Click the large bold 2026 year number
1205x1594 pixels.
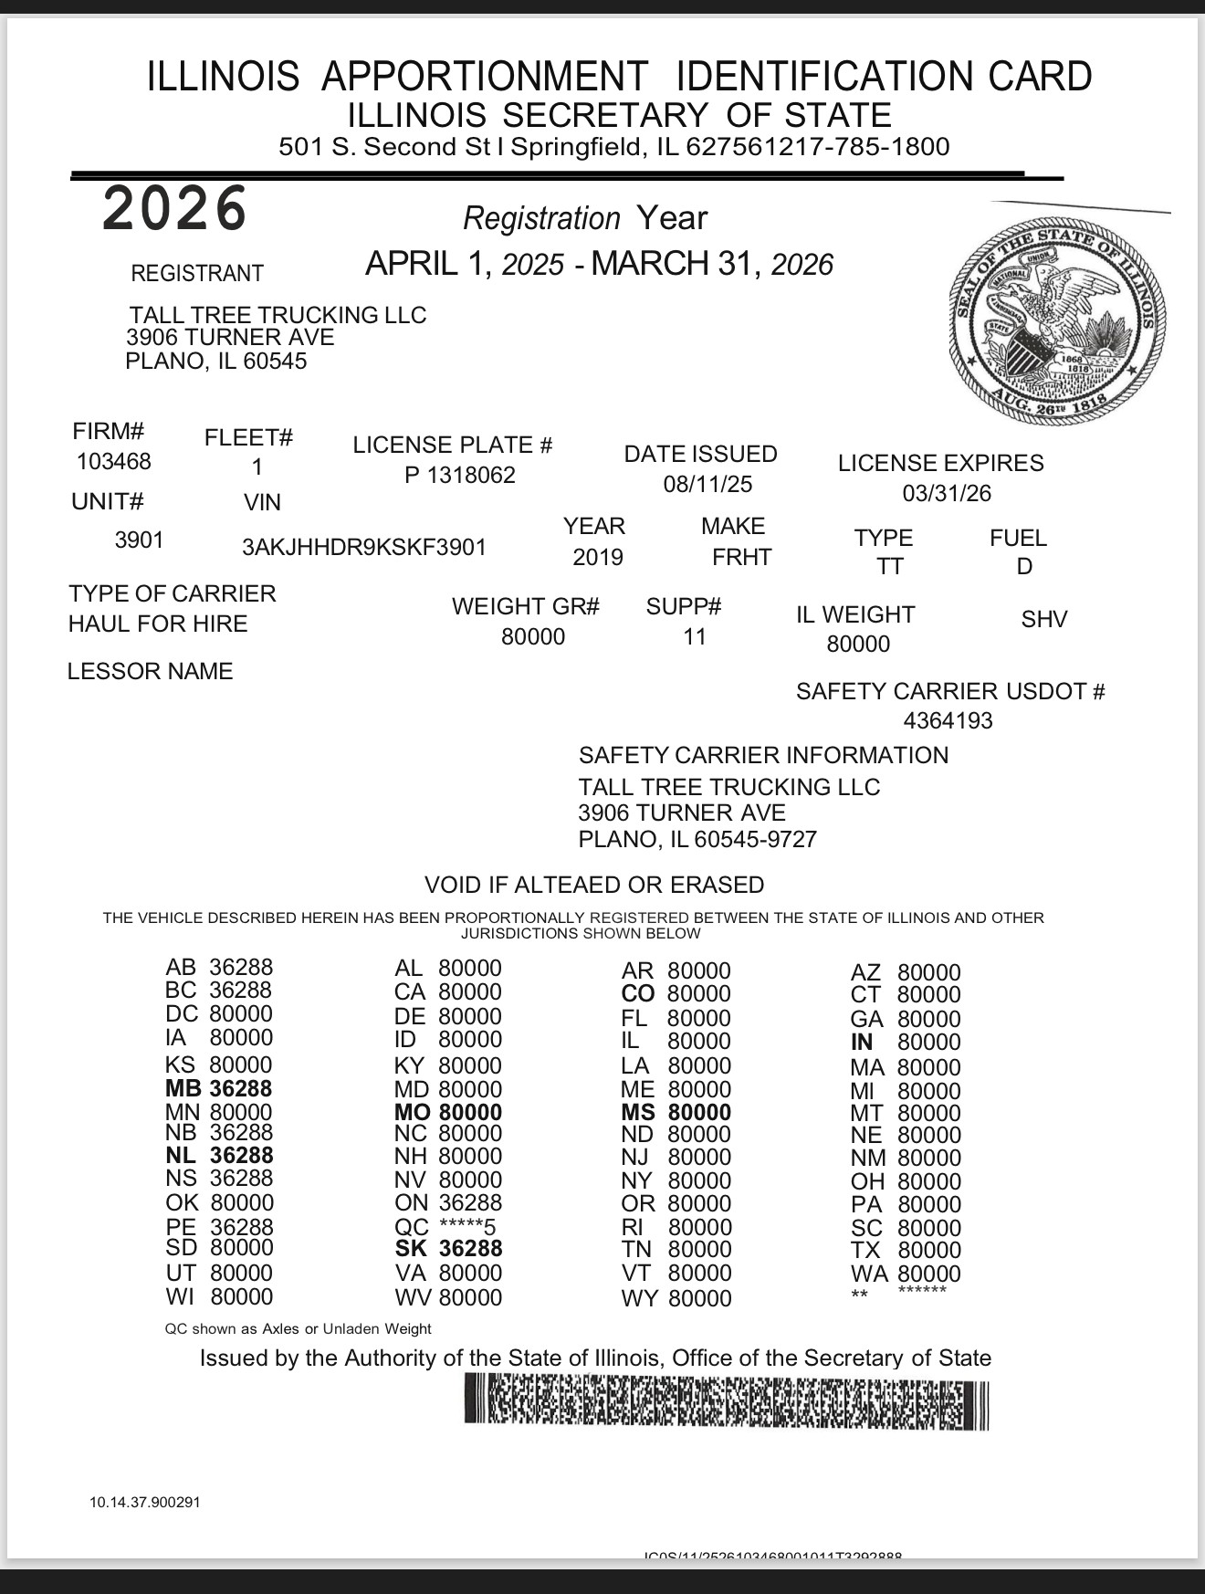[x=174, y=208]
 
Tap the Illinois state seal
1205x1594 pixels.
[x=1058, y=319]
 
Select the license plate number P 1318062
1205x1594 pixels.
[x=460, y=476]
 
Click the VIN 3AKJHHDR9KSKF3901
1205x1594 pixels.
[x=364, y=548]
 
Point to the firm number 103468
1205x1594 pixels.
[x=114, y=462]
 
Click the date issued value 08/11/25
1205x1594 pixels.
[x=707, y=485]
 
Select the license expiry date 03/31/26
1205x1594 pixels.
[x=947, y=494]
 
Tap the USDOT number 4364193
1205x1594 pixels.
[x=948, y=721]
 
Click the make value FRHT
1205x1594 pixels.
[x=741, y=558]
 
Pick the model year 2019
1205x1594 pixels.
[x=598, y=558]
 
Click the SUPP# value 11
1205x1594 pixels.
[x=695, y=637]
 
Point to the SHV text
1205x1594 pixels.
[x=1044, y=620]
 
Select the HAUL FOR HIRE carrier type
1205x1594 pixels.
[x=158, y=624]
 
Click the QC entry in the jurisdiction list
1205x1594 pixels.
[x=445, y=1227]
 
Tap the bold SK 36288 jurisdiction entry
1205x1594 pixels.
[x=448, y=1249]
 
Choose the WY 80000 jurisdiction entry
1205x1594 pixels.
[x=676, y=1298]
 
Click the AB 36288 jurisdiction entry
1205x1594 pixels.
[x=219, y=968]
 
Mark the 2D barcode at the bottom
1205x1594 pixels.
[x=727, y=1402]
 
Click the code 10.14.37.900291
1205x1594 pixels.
[x=144, y=1503]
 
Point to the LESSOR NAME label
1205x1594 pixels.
[x=151, y=672]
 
